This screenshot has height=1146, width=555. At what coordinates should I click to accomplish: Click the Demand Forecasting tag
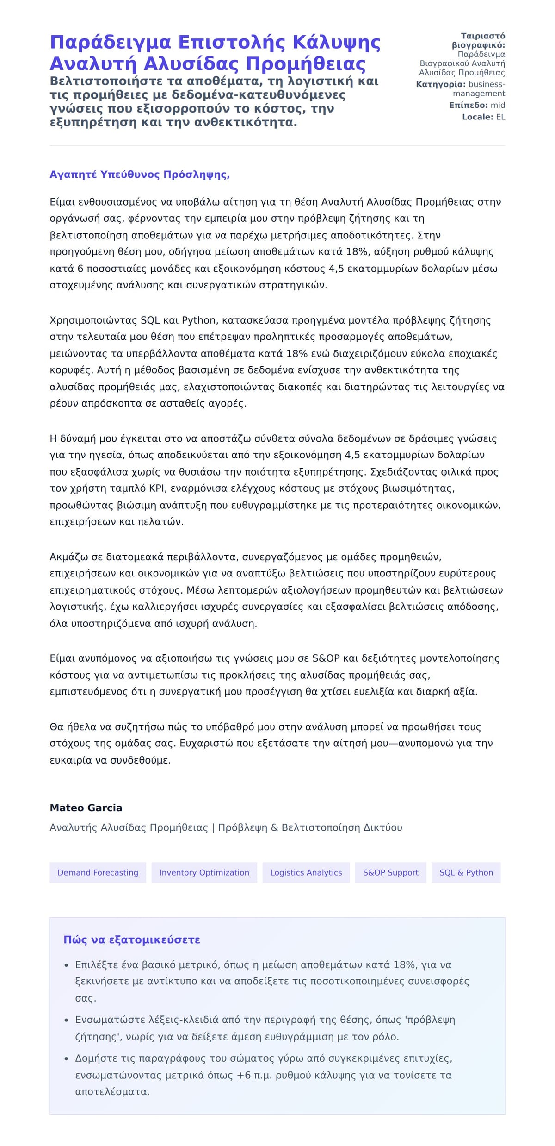point(98,872)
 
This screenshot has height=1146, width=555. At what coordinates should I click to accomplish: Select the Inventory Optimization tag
point(204,872)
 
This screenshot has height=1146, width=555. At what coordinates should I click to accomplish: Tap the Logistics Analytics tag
point(306,872)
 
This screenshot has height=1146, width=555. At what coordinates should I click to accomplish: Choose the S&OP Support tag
point(390,872)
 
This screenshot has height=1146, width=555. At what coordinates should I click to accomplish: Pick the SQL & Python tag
point(466,872)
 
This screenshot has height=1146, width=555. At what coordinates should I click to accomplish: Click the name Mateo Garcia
point(86,808)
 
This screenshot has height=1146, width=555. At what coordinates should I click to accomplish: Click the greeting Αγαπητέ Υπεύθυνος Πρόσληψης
point(140,175)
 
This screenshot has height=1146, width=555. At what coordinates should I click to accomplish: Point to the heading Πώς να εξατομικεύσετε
point(132,939)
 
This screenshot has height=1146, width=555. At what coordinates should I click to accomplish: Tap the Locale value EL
point(500,117)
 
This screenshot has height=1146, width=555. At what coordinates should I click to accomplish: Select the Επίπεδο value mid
point(498,105)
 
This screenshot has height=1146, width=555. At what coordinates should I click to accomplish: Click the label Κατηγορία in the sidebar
point(440,84)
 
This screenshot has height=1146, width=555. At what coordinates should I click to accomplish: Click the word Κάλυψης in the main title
point(337,42)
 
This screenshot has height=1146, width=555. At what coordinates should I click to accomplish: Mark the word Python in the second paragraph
point(199,320)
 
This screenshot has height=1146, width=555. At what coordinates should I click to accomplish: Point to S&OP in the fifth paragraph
point(326,658)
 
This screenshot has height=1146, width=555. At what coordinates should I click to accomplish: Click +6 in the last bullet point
point(244,1075)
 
